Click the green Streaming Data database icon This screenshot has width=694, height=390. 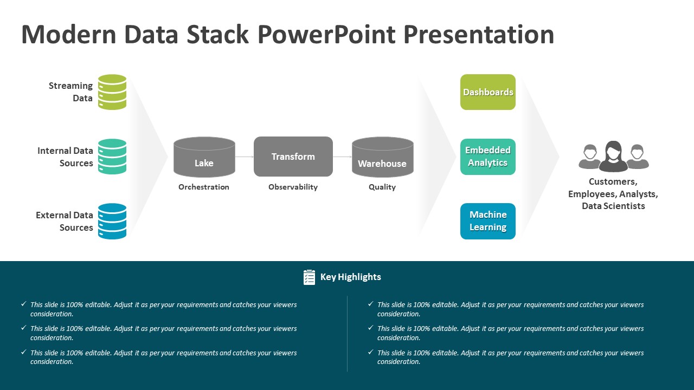pos(112,92)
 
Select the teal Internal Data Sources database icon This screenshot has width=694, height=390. pos(112,157)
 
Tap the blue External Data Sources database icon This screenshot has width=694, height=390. pos(112,221)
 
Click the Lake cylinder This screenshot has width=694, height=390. pos(204,157)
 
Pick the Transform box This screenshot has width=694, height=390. pos(293,157)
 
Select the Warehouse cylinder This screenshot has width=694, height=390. pos(383,157)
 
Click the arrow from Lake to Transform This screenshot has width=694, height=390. pos(245,157)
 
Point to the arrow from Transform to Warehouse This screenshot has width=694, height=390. pos(342,157)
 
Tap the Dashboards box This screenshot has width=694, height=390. pos(488,92)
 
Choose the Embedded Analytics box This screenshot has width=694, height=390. pos(488,157)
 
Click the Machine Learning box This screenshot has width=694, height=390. pos(488,221)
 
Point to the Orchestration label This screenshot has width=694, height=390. pos(204,187)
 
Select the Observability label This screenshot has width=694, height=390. pos(293,187)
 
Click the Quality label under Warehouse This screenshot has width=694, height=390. pos(382,187)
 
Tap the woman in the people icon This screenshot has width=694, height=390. pos(613,157)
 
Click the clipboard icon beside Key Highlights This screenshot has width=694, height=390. pos(309,277)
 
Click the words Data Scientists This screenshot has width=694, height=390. pos(613,206)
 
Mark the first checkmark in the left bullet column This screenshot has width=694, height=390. pos(23,304)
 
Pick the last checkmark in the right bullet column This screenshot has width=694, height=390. pos(370,352)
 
